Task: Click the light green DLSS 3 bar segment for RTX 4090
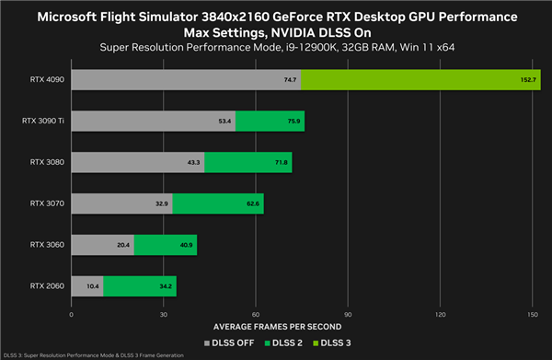coord(420,80)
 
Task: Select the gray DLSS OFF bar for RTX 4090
coord(184,80)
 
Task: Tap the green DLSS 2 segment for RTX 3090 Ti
coord(270,121)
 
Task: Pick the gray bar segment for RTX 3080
coord(137,162)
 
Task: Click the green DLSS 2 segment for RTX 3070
coord(217,203)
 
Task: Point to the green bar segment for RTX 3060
coord(165,244)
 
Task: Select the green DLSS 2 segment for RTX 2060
coord(139,285)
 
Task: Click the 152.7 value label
coord(525,80)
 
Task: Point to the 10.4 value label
coord(91,285)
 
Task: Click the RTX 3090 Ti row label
coord(43,121)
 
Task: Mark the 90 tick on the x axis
coord(348,313)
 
